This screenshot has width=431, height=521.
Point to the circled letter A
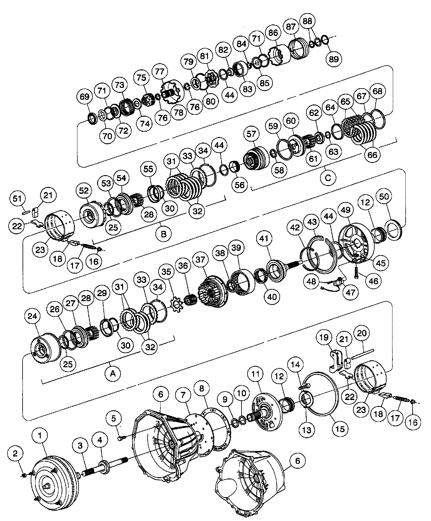point(113,373)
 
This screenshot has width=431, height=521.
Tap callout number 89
point(334,59)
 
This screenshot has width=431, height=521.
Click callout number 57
point(251,134)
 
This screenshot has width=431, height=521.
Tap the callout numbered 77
point(159,72)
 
